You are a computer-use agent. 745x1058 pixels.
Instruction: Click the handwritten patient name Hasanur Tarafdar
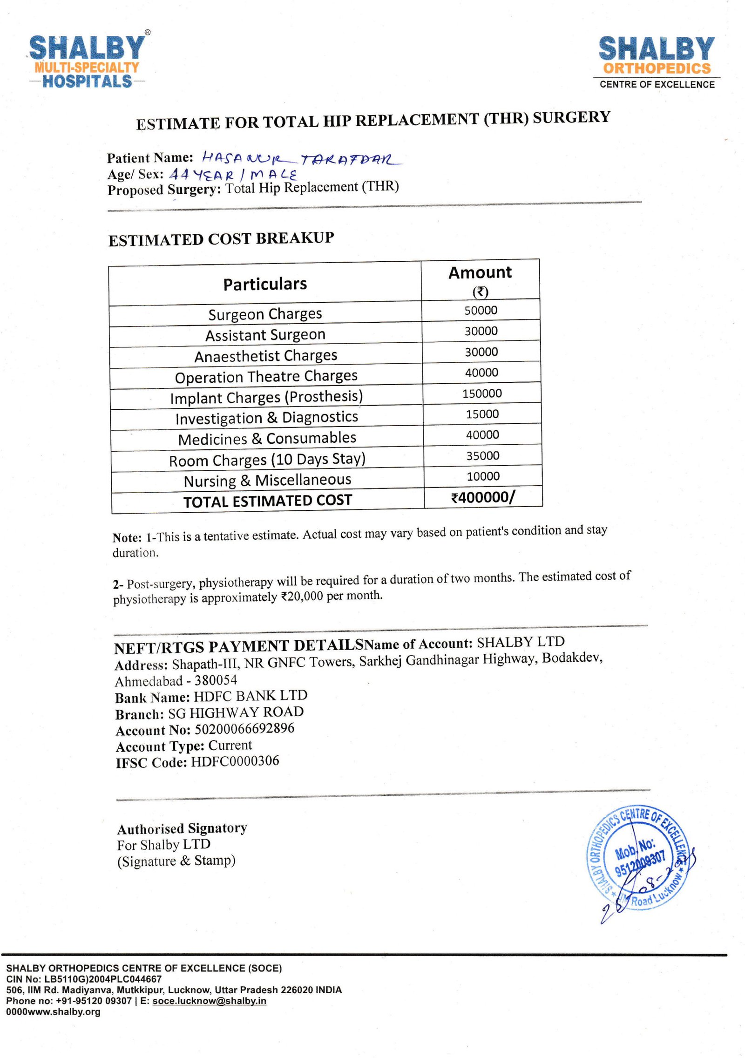click(x=302, y=159)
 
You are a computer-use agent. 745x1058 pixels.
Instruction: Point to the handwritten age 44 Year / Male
click(x=233, y=175)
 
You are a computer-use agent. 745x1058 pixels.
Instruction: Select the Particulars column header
click(x=265, y=284)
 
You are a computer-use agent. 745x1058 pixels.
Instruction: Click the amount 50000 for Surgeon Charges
click(x=481, y=311)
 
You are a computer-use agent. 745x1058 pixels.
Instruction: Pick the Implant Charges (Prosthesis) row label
click(x=266, y=397)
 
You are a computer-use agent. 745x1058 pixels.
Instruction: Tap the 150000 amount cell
click(x=482, y=393)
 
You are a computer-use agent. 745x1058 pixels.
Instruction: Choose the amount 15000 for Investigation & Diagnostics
click(x=482, y=414)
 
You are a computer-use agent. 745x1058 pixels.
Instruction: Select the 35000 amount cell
click(x=483, y=455)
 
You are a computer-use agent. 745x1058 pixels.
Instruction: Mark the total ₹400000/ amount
click(x=483, y=497)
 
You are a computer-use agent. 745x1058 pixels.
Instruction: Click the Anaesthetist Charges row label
click(x=266, y=356)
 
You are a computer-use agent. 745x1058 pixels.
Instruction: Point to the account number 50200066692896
click(x=244, y=729)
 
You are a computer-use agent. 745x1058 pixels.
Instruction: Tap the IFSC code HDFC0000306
click(x=235, y=761)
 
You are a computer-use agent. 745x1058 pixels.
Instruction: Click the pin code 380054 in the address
click(x=216, y=680)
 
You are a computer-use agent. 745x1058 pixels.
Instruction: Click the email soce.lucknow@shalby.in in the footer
click(x=210, y=1001)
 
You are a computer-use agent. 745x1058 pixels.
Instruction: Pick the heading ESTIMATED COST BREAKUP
click(x=221, y=239)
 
